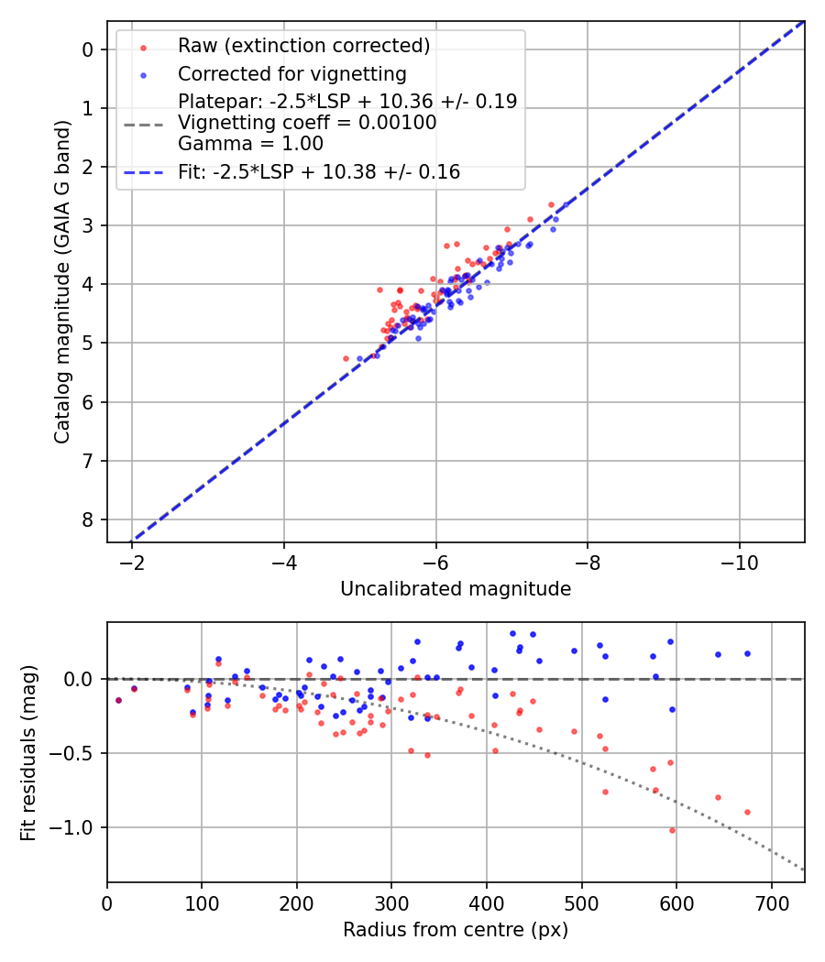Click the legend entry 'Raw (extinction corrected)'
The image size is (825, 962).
pyautogui.click(x=303, y=46)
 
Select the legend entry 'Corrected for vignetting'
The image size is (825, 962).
pyautogui.click(x=291, y=73)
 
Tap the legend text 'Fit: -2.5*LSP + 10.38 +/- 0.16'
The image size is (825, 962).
pyautogui.click(x=319, y=172)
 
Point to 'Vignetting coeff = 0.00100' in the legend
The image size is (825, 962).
pyautogui.click(x=307, y=123)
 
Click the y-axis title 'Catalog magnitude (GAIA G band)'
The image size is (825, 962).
pyautogui.click(x=61, y=279)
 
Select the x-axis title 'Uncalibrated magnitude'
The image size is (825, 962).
pyautogui.click(x=456, y=589)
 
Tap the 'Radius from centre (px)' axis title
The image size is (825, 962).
pyautogui.click(x=456, y=930)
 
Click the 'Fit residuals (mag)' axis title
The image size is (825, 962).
pyautogui.click(x=27, y=752)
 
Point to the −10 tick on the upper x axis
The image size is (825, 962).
pyautogui.click(x=739, y=563)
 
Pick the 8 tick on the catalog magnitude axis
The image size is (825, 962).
pyautogui.click(x=89, y=519)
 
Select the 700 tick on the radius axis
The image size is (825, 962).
pyautogui.click(x=771, y=903)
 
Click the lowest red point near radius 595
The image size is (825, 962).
pyautogui.click(x=672, y=830)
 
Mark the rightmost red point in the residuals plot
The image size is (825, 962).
pyautogui.click(x=747, y=812)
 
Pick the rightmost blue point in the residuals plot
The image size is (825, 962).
pyautogui.click(x=747, y=653)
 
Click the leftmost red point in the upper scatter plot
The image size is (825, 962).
pyautogui.click(x=346, y=358)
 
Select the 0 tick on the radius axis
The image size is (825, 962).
pyautogui.click(x=107, y=903)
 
